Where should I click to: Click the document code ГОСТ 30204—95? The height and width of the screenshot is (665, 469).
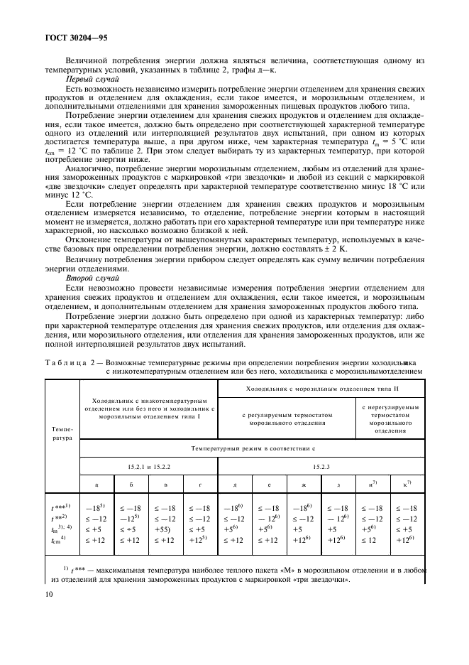78,34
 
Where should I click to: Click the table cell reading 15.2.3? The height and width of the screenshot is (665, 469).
320,466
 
